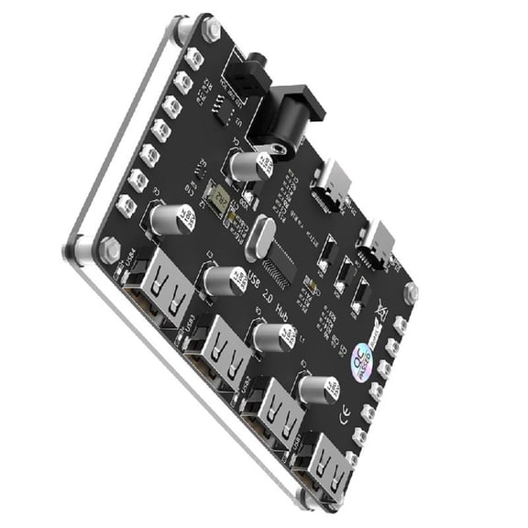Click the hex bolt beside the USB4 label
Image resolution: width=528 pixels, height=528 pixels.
coord(108,247)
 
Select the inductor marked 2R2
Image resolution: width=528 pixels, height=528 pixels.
coord(218,197)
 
